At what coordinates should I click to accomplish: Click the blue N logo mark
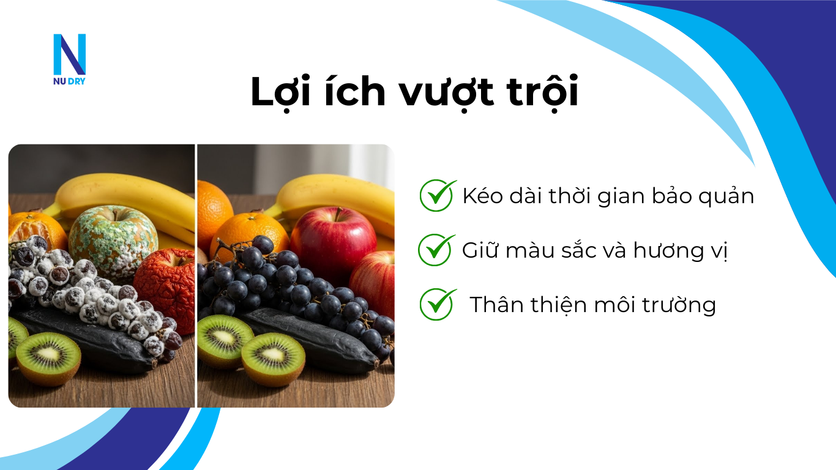click(x=69, y=54)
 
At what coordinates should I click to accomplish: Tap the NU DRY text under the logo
click(x=69, y=81)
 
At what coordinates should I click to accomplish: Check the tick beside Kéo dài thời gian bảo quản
click(x=438, y=195)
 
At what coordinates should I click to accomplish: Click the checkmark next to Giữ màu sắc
click(x=436, y=250)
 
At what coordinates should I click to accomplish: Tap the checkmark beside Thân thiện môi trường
click(x=438, y=304)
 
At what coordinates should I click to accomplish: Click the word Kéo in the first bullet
click(x=482, y=196)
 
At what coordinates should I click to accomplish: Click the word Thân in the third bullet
click(x=493, y=305)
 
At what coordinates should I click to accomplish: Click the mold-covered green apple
click(x=113, y=242)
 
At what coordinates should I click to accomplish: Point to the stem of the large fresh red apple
click(x=337, y=214)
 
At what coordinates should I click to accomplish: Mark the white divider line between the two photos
click(x=196, y=275)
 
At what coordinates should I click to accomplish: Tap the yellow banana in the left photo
click(x=122, y=196)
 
